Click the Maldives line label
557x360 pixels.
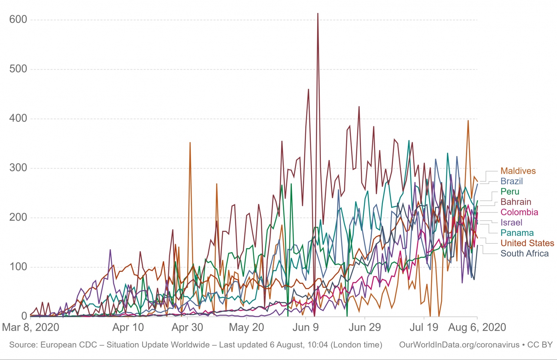point(518,171)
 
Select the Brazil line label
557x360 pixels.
point(511,181)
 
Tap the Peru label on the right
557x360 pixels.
point(510,192)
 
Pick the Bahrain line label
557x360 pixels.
point(516,202)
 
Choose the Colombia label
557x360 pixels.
point(519,212)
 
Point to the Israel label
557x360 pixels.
point(511,223)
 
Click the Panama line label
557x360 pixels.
point(517,233)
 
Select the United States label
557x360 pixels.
point(527,243)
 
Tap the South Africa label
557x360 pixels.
point(524,253)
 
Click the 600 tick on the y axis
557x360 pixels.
point(18,19)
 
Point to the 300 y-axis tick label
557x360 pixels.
point(18,168)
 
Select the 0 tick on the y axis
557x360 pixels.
point(24,316)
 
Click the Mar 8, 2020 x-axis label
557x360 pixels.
point(30,327)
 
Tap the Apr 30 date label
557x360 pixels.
point(187,327)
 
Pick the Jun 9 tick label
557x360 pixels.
point(305,327)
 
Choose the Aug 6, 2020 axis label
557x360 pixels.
point(477,327)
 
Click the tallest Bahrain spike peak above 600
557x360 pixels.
point(318,14)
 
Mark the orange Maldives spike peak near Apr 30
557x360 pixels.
point(190,142)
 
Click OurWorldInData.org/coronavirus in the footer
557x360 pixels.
point(459,345)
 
